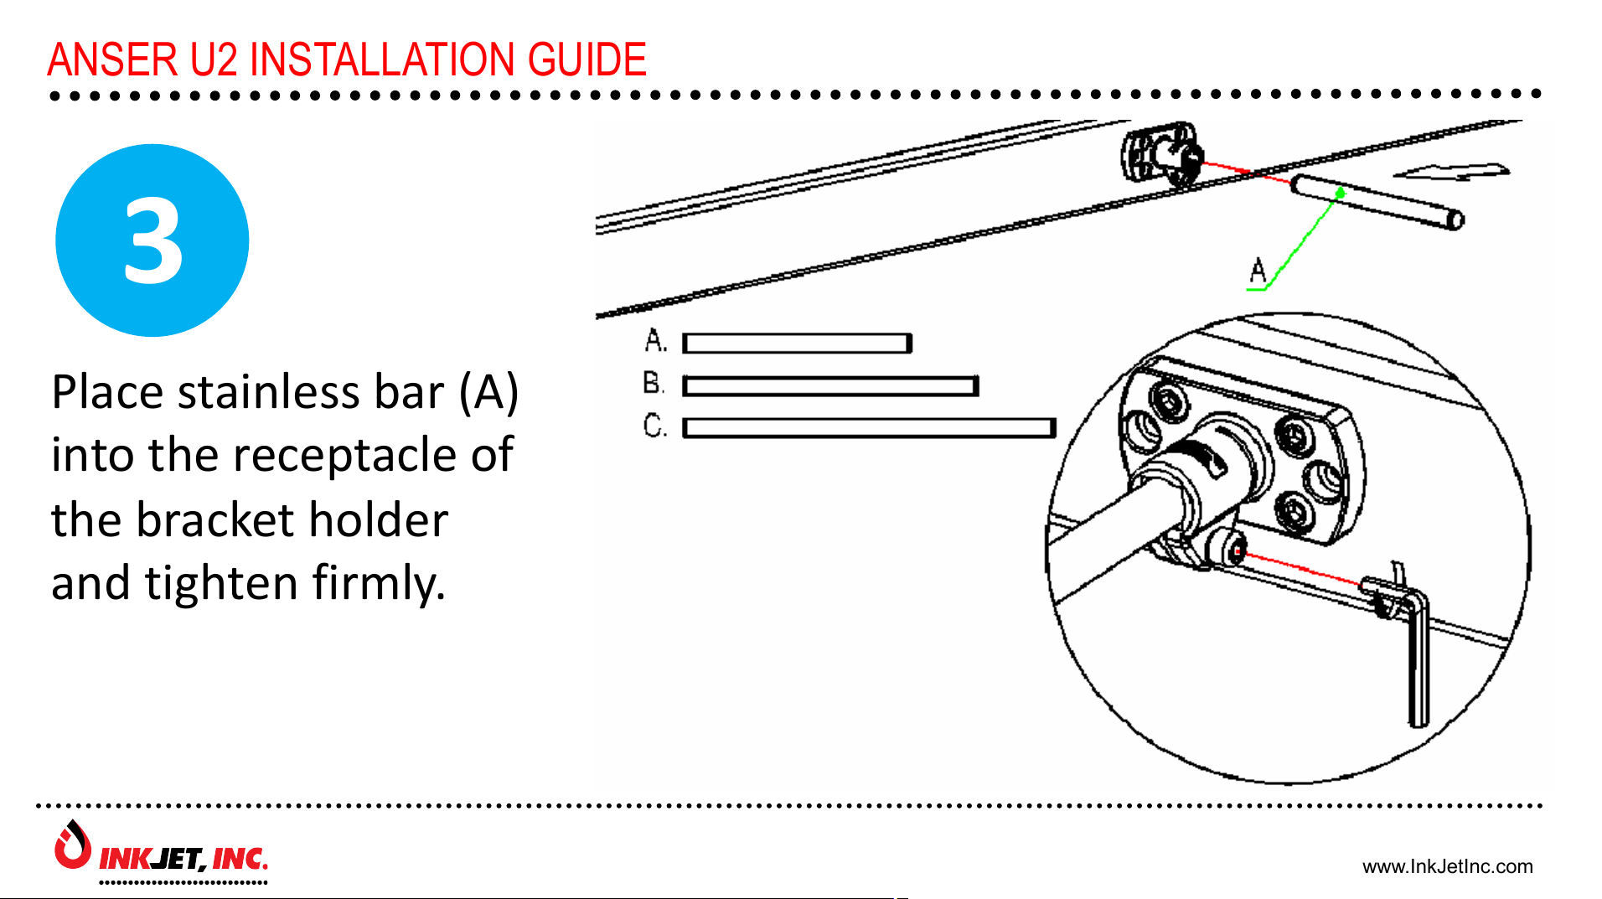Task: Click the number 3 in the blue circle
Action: coord(152,241)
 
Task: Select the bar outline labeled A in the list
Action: coord(796,344)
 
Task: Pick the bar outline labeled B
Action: coord(829,386)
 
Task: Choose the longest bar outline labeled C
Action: coord(868,428)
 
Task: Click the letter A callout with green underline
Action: coord(1257,272)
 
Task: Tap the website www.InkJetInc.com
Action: coord(1447,866)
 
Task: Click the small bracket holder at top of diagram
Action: coord(1161,154)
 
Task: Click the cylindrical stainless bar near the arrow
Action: coord(1376,202)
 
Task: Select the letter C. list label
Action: coord(654,426)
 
